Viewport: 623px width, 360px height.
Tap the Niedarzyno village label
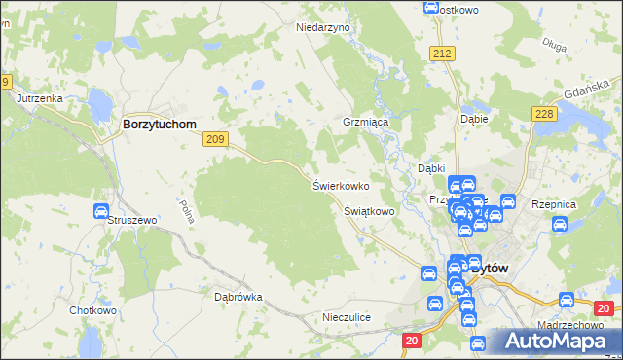click(x=322, y=28)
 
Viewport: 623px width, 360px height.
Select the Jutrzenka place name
click(x=40, y=99)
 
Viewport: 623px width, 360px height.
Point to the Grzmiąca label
click(x=365, y=124)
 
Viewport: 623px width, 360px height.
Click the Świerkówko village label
click(x=340, y=185)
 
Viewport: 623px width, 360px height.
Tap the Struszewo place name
click(x=132, y=221)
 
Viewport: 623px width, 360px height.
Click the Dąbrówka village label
click(x=238, y=297)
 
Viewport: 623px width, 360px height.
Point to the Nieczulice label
click(x=348, y=318)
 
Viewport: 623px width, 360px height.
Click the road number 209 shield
click(x=215, y=140)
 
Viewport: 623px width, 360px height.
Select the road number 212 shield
click(x=443, y=53)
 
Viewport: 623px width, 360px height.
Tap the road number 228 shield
click(x=544, y=115)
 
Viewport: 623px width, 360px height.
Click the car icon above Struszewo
click(x=100, y=211)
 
